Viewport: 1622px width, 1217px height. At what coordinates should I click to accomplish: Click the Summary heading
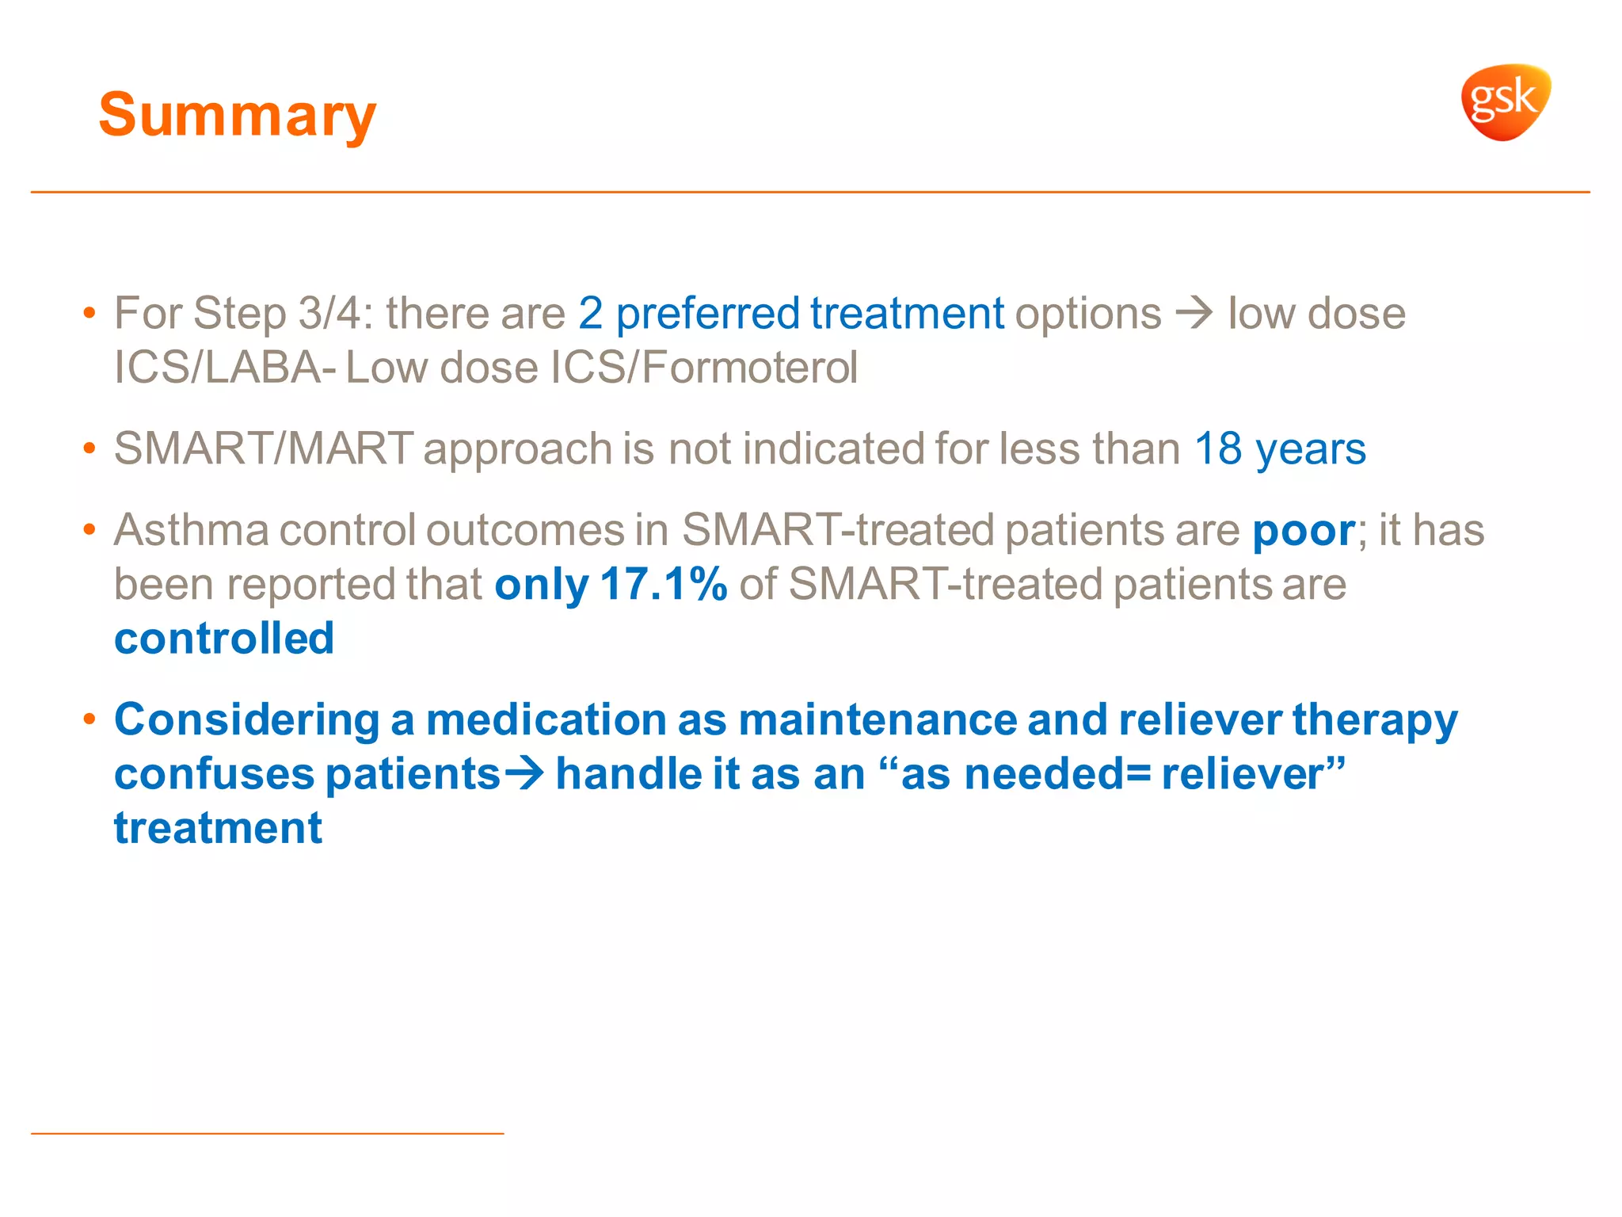click(237, 115)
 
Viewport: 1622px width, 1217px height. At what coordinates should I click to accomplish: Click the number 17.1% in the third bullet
click(663, 585)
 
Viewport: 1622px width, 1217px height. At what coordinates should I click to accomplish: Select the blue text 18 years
click(1280, 448)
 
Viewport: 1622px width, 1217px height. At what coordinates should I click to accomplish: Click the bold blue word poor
click(1304, 530)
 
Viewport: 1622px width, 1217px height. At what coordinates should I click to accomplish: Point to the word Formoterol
click(748, 368)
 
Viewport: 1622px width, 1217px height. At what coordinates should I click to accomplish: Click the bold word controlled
click(224, 639)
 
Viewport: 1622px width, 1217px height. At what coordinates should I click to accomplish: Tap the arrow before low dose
click(1194, 313)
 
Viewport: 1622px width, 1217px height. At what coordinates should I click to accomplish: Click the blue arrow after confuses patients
click(524, 773)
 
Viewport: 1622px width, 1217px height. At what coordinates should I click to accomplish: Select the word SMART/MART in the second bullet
click(264, 448)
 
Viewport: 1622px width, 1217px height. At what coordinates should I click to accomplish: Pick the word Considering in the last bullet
click(247, 720)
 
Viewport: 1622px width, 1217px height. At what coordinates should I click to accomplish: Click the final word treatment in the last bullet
click(218, 829)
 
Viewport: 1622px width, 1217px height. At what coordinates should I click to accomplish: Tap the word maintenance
click(878, 720)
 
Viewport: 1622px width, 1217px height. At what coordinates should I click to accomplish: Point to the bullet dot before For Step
click(89, 313)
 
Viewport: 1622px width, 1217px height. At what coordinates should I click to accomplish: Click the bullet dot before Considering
click(89, 719)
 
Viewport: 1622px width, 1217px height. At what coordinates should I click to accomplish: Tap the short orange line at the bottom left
click(267, 1134)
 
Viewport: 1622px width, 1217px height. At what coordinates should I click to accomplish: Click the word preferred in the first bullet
click(708, 313)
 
